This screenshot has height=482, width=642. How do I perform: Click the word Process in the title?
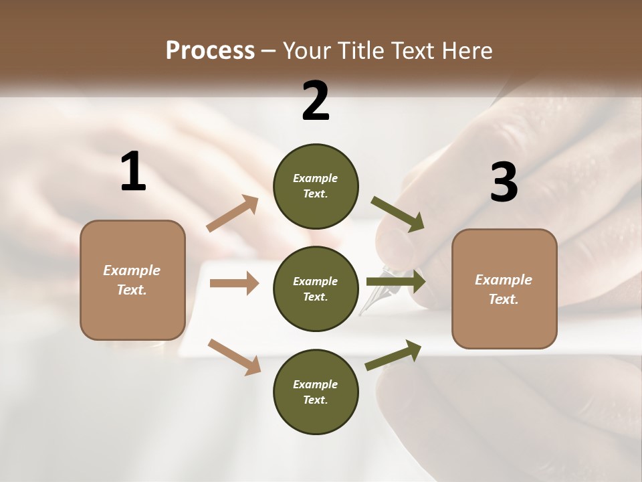pyautogui.click(x=210, y=50)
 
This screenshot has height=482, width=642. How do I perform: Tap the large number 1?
pyautogui.click(x=133, y=172)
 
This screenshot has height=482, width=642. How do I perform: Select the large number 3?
pyautogui.click(x=504, y=183)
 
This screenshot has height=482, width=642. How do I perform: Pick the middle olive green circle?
pyautogui.click(x=316, y=289)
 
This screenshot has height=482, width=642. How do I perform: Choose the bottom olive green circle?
pyautogui.click(x=316, y=392)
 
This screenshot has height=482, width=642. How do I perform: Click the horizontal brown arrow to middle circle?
pyautogui.click(x=234, y=283)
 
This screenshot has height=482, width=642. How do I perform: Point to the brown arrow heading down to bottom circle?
pyautogui.click(x=234, y=356)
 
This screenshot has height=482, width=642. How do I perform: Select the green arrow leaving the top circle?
pyautogui.click(x=398, y=214)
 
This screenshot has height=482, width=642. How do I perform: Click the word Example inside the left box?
pyautogui.click(x=132, y=270)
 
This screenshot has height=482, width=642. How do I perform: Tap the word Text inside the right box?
pyautogui.click(x=503, y=299)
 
